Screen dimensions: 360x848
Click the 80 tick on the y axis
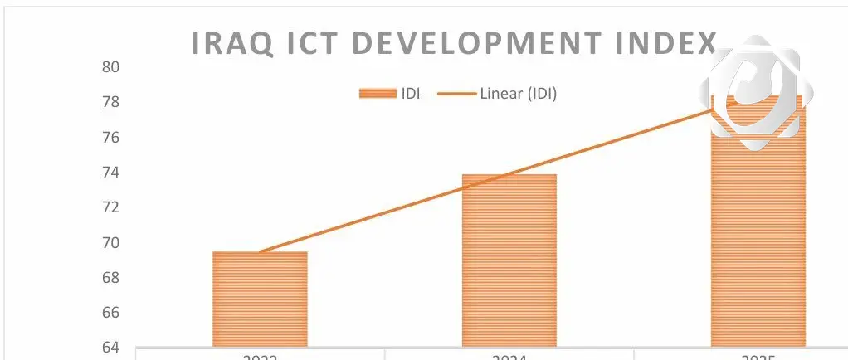click(x=111, y=67)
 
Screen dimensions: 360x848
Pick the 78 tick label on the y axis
click(x=111, y=102)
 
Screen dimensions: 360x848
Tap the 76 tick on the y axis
click(x=111, y=137)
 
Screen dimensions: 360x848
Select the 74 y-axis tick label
click(x=111, y=173)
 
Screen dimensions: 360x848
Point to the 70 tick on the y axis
click(x=111, y=242)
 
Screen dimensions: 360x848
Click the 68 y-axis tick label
click(x=111, y=277)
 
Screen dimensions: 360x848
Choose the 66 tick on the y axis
click(x=111, y=312)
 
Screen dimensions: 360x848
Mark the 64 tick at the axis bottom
click(x=111, y=347)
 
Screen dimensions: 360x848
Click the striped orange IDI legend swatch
click(x=377, y=94)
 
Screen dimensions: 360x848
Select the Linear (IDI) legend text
click(x=518, y=94)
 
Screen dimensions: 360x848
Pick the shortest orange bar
click(x=260, y=299)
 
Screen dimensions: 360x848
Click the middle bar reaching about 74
click(x=509, y=260)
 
